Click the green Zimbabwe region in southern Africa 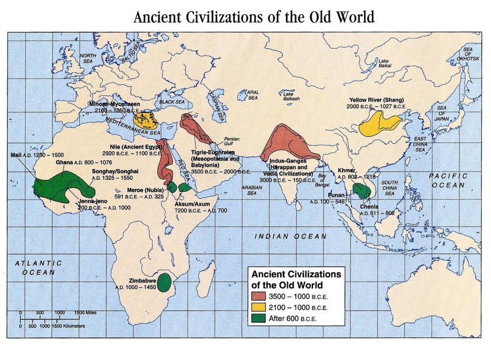164,283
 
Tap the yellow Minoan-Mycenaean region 147,118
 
